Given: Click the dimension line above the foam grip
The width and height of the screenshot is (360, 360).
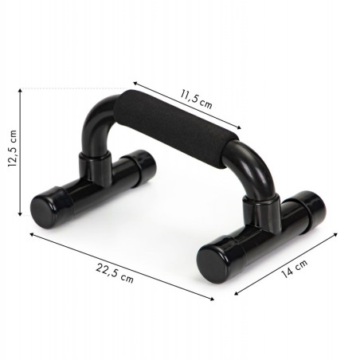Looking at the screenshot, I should coord(186,103).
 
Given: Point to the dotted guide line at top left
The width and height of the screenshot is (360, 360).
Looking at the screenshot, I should coord(72,87).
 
